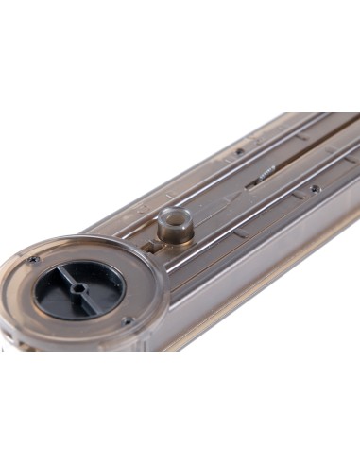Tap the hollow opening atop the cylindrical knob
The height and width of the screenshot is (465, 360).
(171, 216)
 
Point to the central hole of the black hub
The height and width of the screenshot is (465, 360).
(78, 289)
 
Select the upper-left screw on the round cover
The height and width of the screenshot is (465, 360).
(33, 259)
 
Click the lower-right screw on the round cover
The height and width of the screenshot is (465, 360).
(126, 320)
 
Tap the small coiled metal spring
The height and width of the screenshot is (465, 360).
(265, 173)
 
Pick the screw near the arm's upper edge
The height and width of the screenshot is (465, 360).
(240, 150)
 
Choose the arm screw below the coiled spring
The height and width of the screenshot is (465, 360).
(315, 188)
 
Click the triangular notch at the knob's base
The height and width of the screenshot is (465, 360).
(151, 248)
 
